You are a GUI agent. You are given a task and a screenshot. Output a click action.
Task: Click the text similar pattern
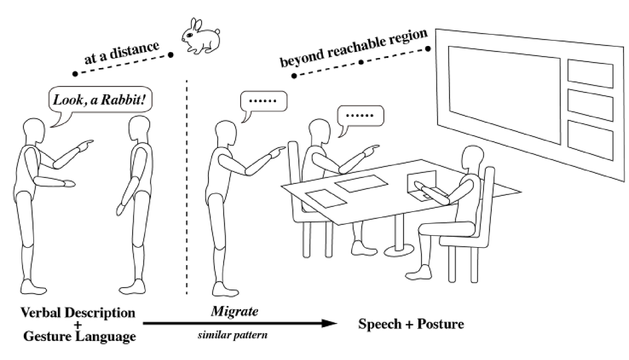pyautogui.click(x=232, y=334)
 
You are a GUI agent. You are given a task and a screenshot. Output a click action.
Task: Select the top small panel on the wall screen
pyautogui.click(x=589, y=73)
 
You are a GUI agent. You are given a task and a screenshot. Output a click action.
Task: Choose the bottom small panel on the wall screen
pyautogui.click(x=589, y=136)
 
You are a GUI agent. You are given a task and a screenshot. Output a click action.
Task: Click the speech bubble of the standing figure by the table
pyautogui.click(x=263, y=101)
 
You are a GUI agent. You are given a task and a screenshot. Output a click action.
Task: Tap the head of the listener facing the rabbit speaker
pyautogui.click(x=140, y=128)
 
